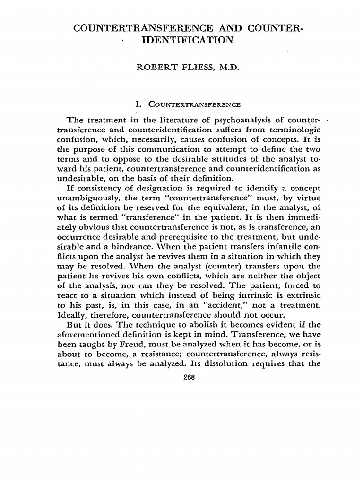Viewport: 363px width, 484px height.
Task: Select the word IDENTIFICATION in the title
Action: click(188, 40)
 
